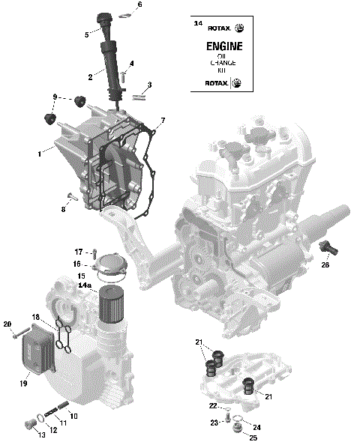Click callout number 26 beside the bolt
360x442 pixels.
(x=326, y=264)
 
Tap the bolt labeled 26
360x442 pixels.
(x=327, y=247)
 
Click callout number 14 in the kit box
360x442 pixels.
(x=198, y=24)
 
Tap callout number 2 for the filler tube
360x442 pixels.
(x=90, y=76)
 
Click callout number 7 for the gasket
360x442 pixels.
(x=163, y=120)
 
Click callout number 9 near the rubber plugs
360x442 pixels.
(x=55, y=97)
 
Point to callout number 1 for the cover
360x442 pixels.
(x=39, y=154)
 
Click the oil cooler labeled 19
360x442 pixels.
(x=36, y=356)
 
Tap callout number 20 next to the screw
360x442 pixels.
(x=7, y=324)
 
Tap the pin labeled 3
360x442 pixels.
(x=139, y=95)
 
